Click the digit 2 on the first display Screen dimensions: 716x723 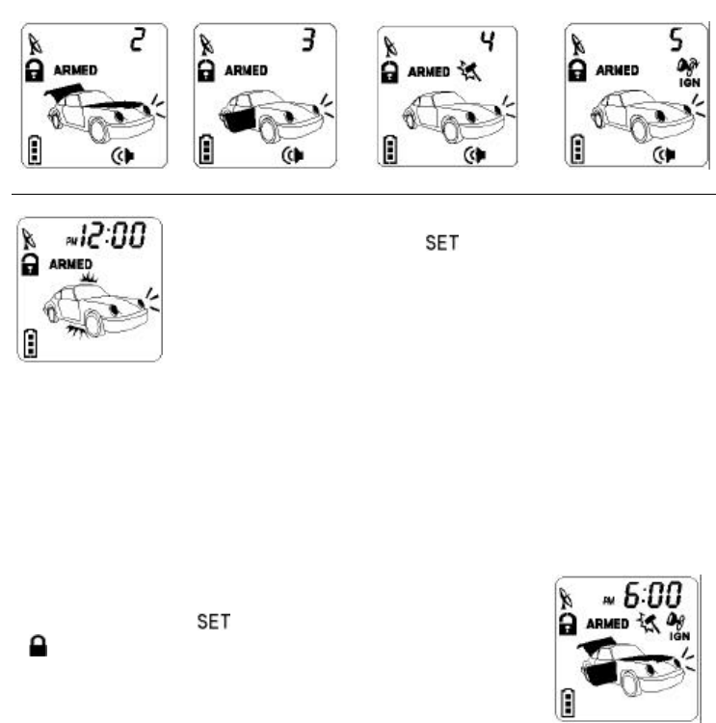click(138, 40)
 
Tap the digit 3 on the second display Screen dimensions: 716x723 click(307, 40)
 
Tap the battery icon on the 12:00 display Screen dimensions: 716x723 click(33, 342)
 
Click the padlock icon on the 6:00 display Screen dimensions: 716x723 click(570, 623)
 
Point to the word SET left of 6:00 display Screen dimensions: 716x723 click(213, 623)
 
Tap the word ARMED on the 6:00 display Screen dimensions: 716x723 click(609, 623)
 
